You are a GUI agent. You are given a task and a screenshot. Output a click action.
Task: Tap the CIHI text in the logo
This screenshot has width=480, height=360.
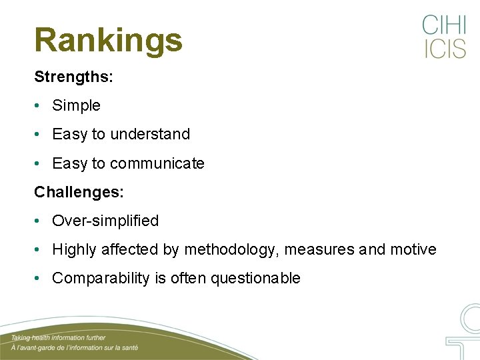444,26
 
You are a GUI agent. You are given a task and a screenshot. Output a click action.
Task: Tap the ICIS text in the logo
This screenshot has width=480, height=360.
444,49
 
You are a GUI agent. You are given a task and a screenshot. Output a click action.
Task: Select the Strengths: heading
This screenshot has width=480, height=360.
73,77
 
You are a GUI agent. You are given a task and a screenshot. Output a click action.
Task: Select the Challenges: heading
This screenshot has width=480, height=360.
79,192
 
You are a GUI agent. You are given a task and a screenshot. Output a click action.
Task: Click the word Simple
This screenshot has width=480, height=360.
76,105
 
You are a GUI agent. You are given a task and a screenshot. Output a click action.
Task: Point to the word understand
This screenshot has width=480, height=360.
150,134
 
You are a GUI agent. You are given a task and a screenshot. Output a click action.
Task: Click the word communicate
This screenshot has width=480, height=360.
157,163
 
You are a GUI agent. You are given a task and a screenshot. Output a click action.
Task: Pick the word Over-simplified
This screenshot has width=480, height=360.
105,221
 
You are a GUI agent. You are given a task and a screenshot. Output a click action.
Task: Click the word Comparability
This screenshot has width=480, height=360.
101,279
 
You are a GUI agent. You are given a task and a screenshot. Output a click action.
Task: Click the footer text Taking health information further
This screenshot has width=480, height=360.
58,338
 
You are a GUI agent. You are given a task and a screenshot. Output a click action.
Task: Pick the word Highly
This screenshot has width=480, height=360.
74,250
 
